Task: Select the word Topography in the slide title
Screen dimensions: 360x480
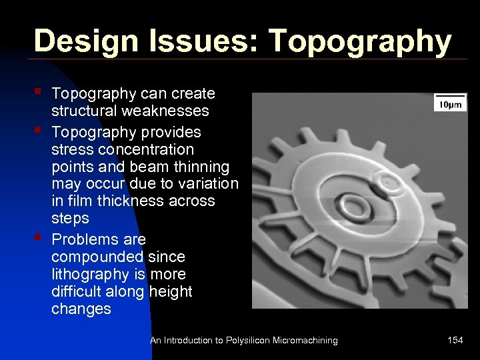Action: tap(359, 41)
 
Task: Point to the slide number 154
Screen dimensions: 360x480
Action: tap(455, 341)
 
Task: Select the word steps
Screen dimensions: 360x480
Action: tap(69, 219)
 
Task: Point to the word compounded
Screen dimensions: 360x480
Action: tap(88, 257)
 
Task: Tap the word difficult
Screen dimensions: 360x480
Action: tap(79, 291)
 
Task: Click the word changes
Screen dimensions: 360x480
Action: tap(81, 309)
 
